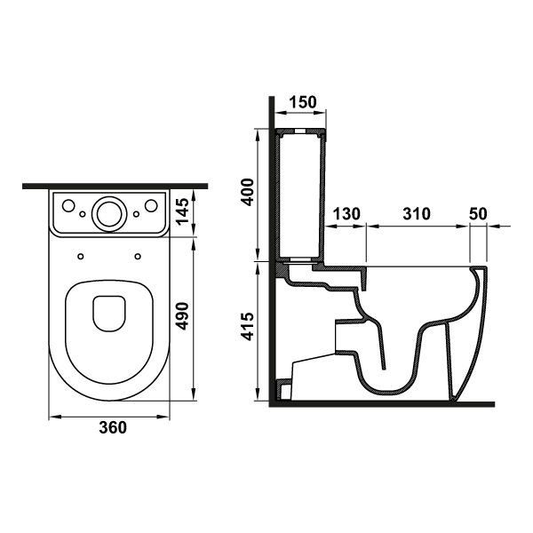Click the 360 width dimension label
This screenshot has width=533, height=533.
113,427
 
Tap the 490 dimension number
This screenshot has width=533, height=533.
182,315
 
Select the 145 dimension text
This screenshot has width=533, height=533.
182,211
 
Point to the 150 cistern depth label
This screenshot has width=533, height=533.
303,102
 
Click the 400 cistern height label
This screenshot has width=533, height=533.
248,192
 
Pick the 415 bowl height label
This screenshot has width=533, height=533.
248,326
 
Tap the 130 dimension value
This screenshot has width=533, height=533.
346,214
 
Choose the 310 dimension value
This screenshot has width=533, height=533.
417,214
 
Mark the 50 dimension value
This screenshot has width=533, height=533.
478,214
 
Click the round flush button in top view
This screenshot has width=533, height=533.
109,214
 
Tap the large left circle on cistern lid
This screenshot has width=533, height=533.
68,205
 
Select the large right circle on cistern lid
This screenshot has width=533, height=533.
151,205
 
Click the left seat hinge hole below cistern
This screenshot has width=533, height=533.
81,256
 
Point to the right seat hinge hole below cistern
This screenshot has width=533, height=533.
138,256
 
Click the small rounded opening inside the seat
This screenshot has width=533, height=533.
109,314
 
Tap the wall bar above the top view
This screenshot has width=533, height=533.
115,187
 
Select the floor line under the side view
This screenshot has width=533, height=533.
382,404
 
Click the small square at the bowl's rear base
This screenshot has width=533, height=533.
284,389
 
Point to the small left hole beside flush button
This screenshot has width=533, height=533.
83,214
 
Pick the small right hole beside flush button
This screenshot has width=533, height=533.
136,214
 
